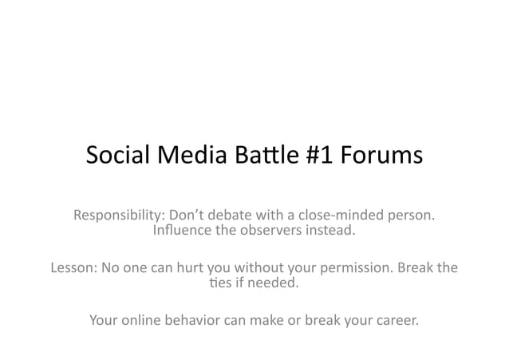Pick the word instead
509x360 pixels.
tap(331, 232)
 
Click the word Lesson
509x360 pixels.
tap(73, 267)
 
